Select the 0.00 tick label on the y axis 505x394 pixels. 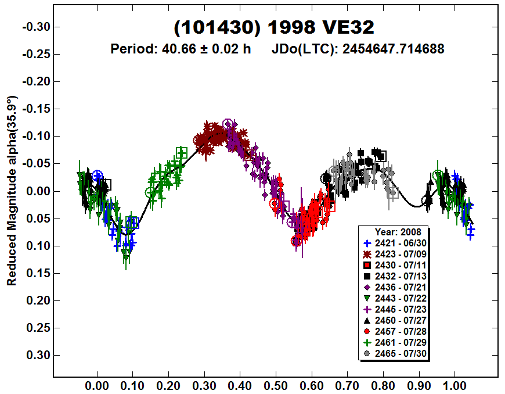[x=38, y=191]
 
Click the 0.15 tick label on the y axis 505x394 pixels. [x=38, y=273]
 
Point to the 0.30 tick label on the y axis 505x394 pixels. [x=38, y=355]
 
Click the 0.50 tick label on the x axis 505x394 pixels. [x=276, y=384]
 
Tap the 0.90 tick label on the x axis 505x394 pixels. [x=419, y=384]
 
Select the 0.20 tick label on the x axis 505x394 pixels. [x=168, y=384]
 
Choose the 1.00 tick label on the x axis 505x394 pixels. [x=454, y=384]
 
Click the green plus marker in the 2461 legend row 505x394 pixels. [x=367, y=342]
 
